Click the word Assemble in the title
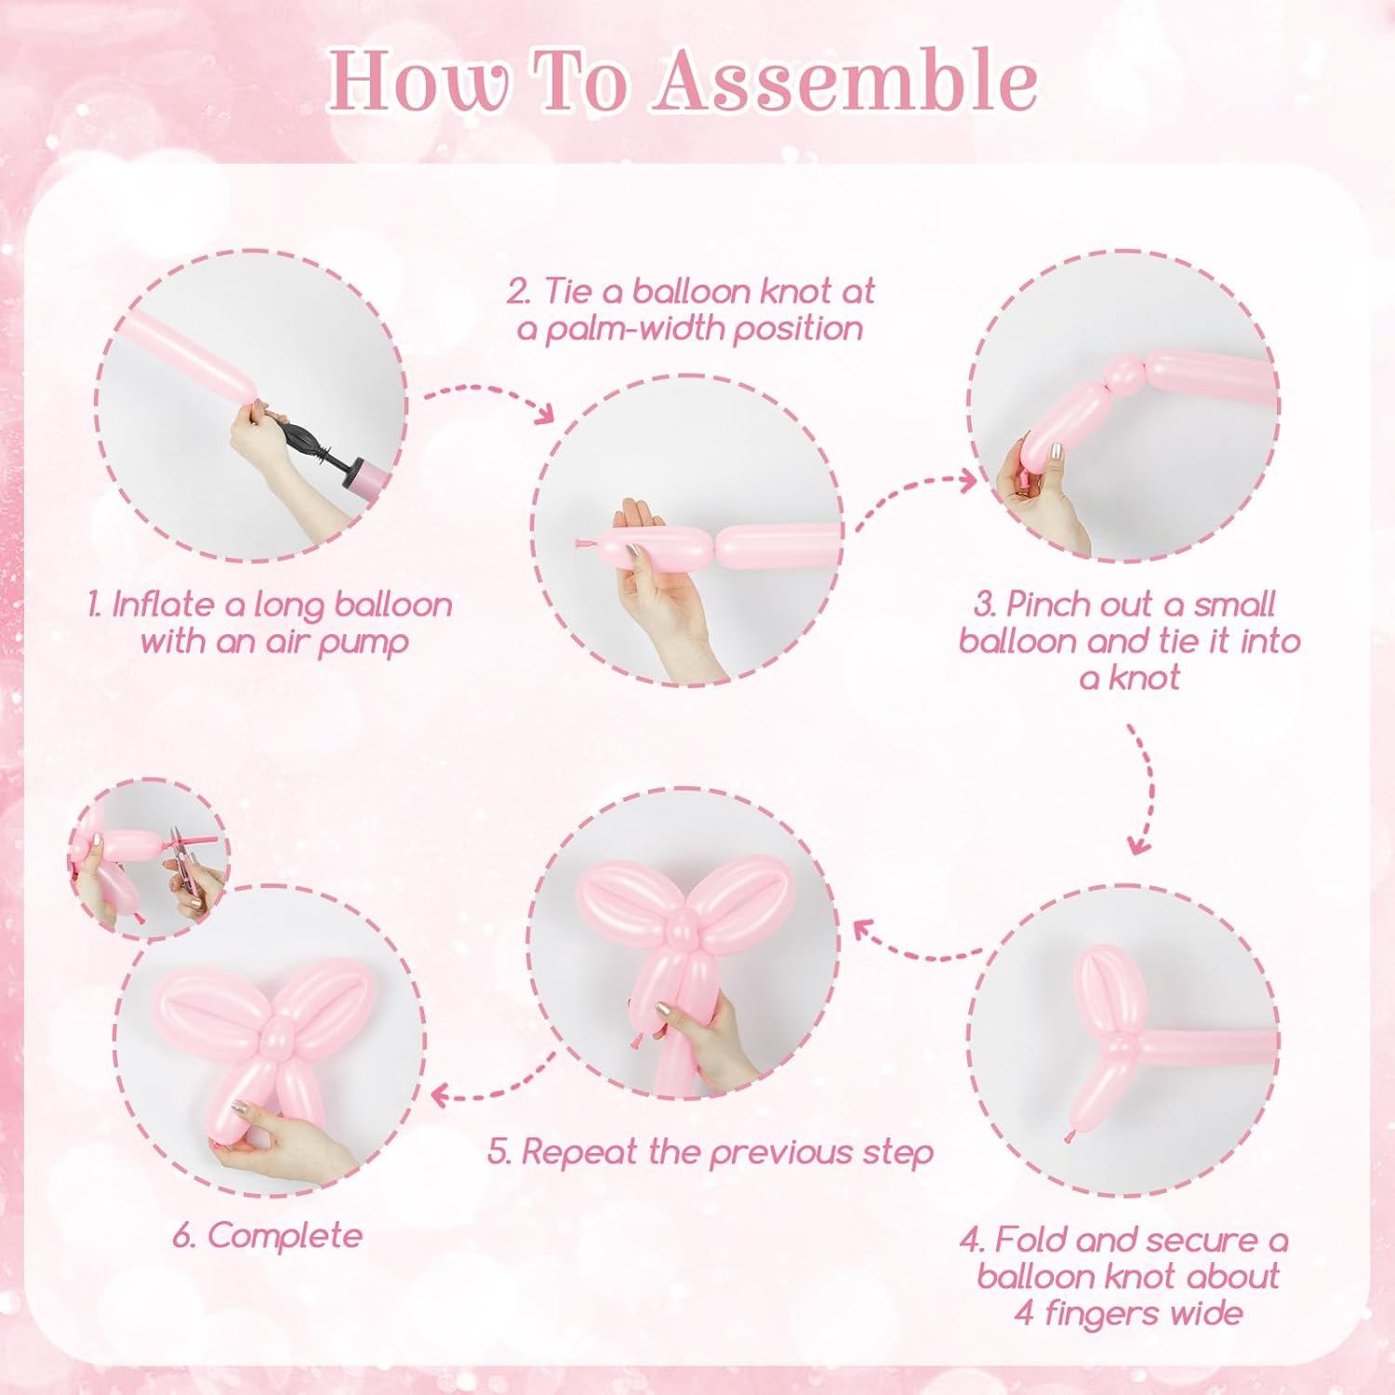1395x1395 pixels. (844, 81)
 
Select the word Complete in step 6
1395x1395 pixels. (285, 1237)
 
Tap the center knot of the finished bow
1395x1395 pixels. (277, 1032)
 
